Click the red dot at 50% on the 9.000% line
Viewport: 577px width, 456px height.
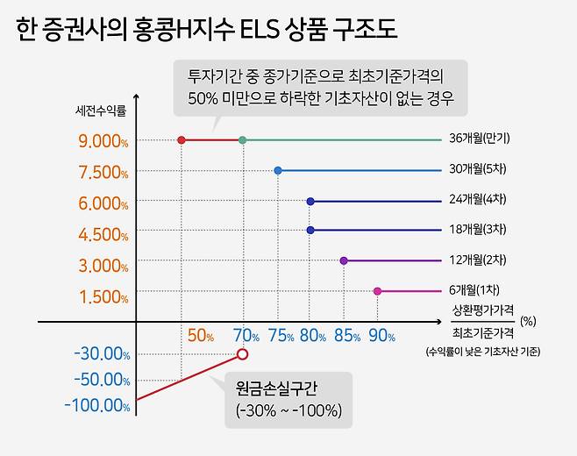point(182,140)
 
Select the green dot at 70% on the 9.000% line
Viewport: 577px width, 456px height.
point(242,140)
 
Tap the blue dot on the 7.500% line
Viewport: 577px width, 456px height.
point(278,170)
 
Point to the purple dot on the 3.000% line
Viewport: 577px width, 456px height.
point(344,260)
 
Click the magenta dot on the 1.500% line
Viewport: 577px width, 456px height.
point(377,291)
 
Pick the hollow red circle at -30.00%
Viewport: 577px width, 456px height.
point(242,354)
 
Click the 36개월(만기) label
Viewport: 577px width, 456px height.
point(479,139)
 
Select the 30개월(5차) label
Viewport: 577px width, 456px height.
point(479,169)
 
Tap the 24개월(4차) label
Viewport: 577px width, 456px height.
point(479,200)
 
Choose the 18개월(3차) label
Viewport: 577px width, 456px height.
point(479,230)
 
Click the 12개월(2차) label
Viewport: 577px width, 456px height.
point(479,260)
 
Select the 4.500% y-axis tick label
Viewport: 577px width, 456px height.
point(103,234)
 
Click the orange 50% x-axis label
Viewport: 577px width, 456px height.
point(201,336)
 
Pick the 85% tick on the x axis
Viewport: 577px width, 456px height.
point(347,336)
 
